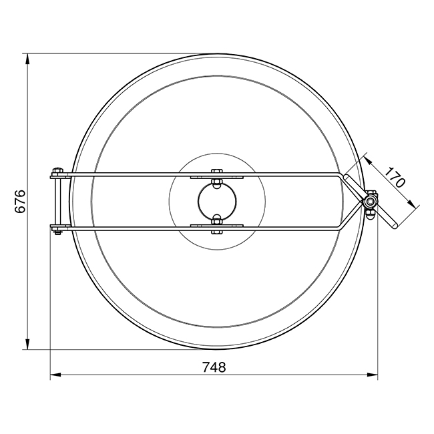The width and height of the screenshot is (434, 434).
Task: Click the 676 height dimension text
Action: click(x=20, y=201)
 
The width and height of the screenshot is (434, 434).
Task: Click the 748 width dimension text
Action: click(x=214, y=367)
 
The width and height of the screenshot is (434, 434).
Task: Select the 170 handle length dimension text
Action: click(x=395, y=178)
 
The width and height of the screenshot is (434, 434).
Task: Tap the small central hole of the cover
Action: click(x=217, y=201)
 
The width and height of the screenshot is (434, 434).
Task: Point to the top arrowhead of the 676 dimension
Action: click(x=27, y=59)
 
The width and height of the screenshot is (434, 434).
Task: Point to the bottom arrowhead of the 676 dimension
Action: click(x=27, y=344)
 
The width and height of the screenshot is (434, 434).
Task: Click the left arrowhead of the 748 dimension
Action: click(x=55, y=375)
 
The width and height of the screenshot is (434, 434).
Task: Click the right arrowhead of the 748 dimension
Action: click(x=373, y=375)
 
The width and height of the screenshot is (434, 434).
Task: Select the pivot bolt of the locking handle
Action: click(x=369, y=202)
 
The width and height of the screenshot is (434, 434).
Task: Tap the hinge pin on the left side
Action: click(x=58, y=201)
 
